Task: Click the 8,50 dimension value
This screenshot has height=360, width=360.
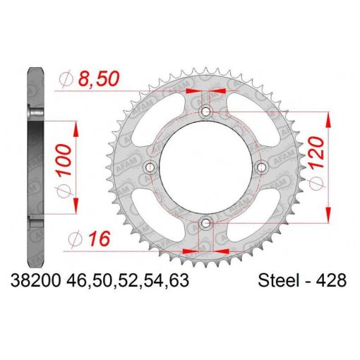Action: [99, 78]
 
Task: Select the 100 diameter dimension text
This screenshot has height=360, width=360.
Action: [63, 160]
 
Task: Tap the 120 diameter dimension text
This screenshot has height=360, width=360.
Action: [316, 152]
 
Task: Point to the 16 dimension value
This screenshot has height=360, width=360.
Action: [100, 239]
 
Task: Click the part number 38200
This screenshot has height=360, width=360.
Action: [36, 280]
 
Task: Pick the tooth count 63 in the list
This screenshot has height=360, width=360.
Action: [179, 280]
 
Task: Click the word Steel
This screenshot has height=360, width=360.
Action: [280, 280]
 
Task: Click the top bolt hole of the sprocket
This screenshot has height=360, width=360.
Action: [206, 111]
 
